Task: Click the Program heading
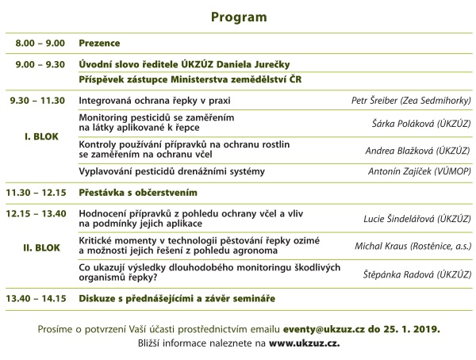click(x=239, y=17)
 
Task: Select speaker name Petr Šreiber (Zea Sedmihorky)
click(x=411, y=101)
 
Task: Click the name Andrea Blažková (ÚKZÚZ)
click(x=419, y=151)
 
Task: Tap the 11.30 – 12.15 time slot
click(x=36, y=192)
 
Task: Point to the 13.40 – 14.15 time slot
click(x=36, y=299)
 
